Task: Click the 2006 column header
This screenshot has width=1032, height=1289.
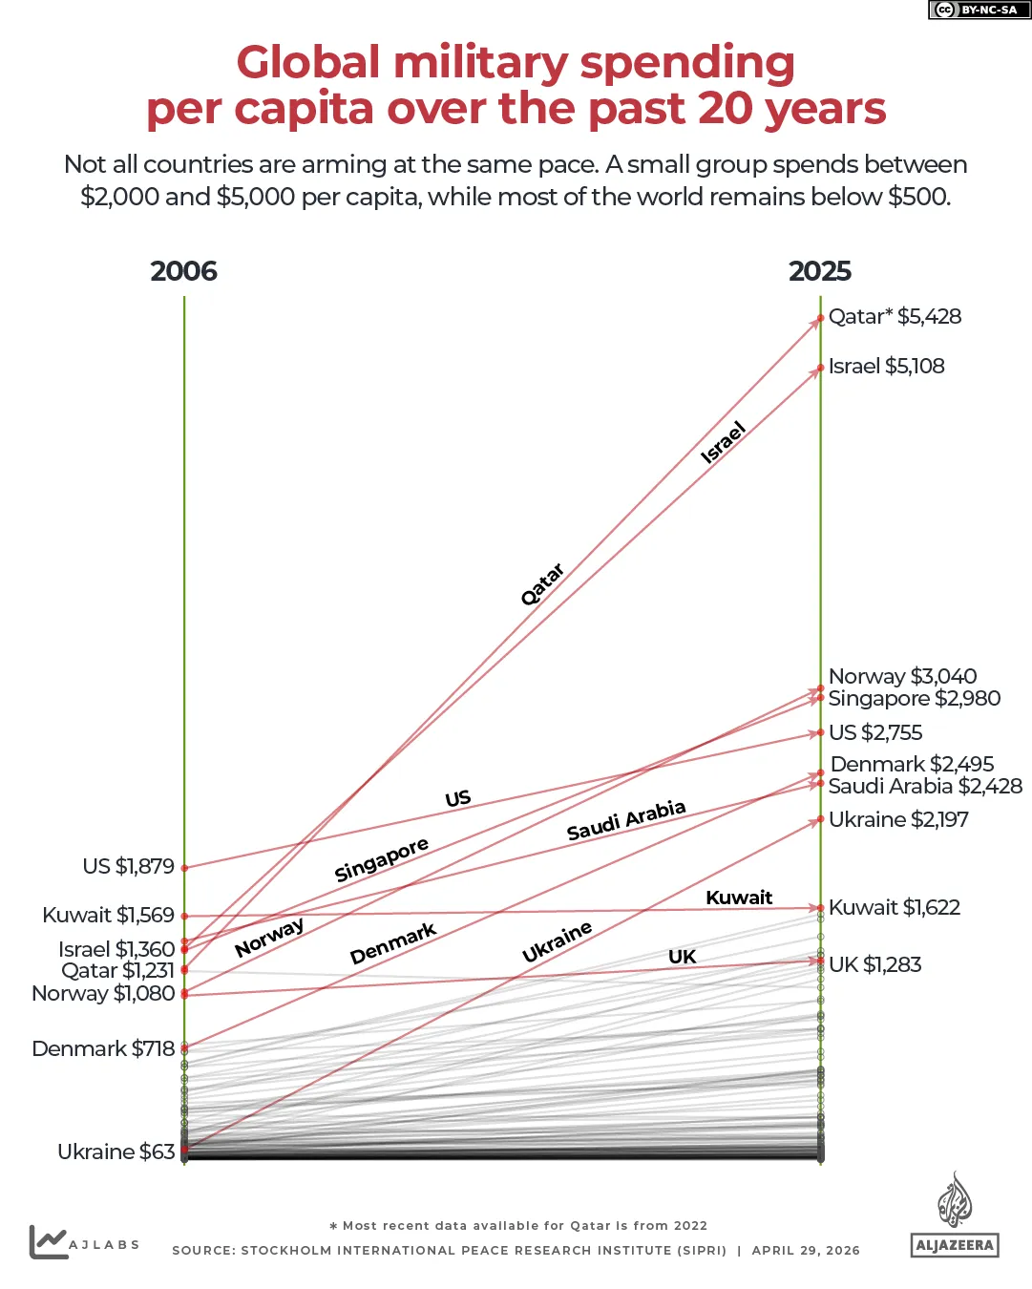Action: pos(183,271)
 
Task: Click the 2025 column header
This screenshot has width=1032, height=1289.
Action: pos(819,271)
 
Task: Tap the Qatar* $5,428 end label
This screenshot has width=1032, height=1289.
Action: pos(895,317)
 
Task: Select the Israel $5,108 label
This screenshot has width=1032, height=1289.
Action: pos(886,367)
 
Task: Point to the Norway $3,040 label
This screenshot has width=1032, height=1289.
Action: pos(902,676)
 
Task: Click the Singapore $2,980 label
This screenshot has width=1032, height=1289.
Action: pos(914,699)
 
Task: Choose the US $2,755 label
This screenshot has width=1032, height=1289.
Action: pos(874,733)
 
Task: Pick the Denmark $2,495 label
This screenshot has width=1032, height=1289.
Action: pos(912,764)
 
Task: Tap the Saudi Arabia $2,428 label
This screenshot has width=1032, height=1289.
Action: pos(924,786)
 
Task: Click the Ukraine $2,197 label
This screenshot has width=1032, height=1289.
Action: pos(897,820)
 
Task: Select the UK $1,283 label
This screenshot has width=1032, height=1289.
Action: pos(874,964)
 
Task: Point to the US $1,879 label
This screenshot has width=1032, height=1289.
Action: pos(128,867)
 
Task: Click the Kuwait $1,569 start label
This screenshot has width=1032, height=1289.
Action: pos(108,916)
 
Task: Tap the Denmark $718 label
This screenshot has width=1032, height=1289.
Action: pos(103,1049)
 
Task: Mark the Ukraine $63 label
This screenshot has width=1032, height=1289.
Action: pos(116,1152)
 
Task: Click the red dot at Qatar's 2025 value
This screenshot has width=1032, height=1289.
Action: pos(820,318)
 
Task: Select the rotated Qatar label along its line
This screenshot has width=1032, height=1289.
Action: pos(542,584)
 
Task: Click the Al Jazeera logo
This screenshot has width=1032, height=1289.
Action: pos(954,1215)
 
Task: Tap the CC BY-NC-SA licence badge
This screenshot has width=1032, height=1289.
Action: pos(979,10)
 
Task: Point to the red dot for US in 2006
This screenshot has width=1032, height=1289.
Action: pos(184,868)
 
